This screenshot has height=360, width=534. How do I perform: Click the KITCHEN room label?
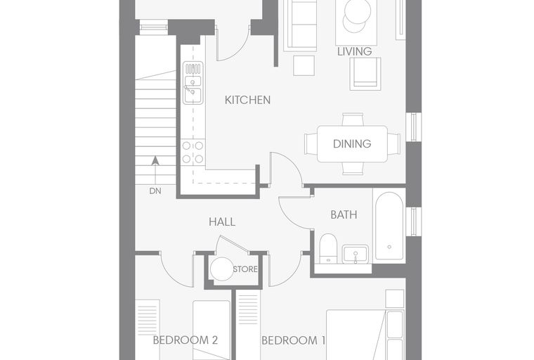(x=247, y=100)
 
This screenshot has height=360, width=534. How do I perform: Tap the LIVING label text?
(x=355, y=51)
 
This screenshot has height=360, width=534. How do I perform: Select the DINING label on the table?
(x=352, y=143)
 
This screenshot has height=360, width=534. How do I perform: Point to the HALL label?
(x=222, y=222)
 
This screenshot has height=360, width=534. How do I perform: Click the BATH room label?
(x=344, y=214)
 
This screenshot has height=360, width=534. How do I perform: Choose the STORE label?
(x=245, y=269)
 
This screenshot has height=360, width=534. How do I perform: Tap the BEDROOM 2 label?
(x=185, y=340)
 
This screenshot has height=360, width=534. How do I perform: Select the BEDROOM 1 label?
(x=293, y=340)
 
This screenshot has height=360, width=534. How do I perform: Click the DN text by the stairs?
(x=155, y=191)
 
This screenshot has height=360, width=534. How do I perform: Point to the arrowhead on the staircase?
(x=155, y=160)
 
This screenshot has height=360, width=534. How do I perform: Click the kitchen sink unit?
(x=193, y=83)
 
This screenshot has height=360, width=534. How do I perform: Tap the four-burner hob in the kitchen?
(x=193, y=153)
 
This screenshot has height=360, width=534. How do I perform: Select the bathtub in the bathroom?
(x=389, y=226)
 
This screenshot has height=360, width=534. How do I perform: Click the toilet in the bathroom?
(x=328, y=247)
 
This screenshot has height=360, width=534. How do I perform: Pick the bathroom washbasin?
(x=356, y=254)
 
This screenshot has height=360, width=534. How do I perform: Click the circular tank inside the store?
(x=222, y=269)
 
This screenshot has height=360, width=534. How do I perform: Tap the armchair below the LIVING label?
(x=365, y=74)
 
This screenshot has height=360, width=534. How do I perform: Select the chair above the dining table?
(x=353, y=120)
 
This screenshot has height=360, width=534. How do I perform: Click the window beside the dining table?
(x=414, y=127)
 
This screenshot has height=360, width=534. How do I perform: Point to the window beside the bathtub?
(x=414, y=221)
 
